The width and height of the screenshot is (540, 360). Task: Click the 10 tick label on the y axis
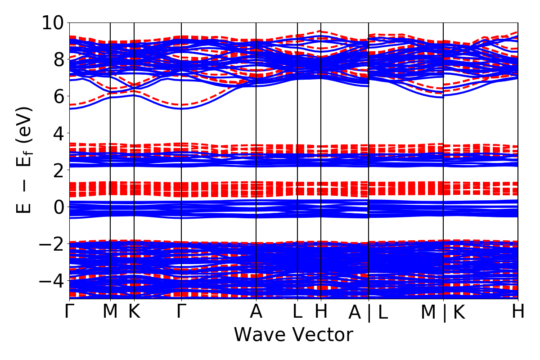[x=53, y=22]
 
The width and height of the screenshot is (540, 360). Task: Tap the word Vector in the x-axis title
[x=323, y=335]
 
